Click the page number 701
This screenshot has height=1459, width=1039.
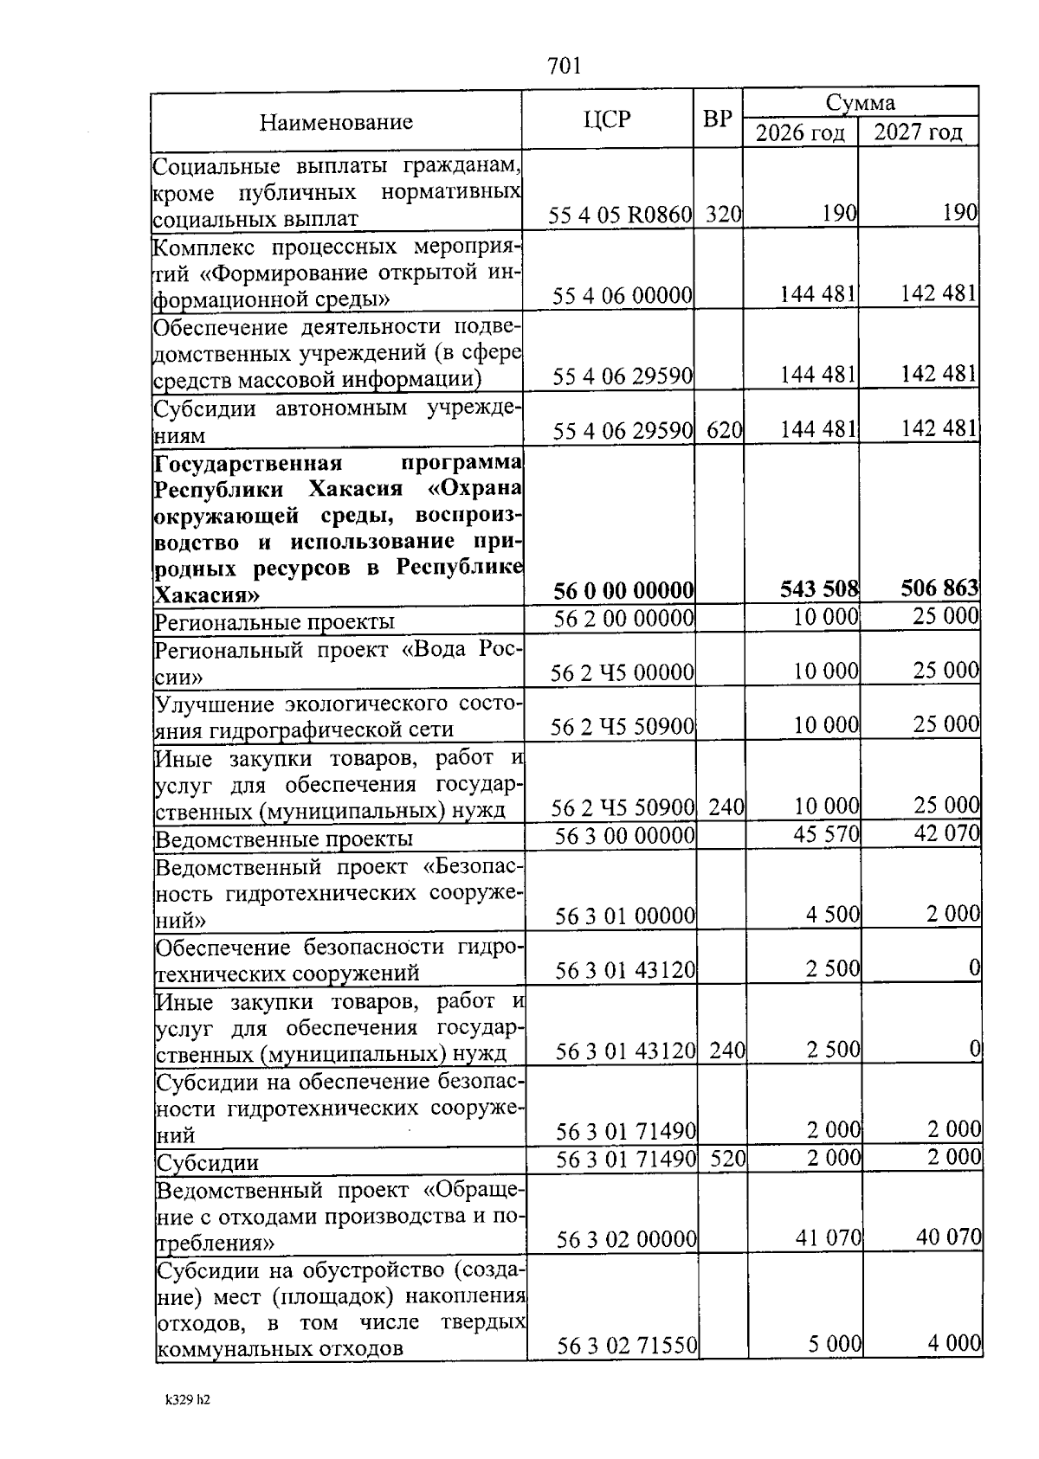(x=565, y=66)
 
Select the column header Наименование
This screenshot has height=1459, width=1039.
(x=336, y=122)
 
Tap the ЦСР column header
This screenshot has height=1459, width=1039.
(x=607, y=119)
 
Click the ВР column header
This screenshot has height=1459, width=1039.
(x=718, y=119)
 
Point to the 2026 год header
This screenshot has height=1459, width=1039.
(x=800, y=133)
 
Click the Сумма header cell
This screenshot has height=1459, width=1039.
(x=860, y=103)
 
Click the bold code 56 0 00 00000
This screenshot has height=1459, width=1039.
(x=623, y=591)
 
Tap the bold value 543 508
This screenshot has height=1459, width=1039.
(x=819, y=590)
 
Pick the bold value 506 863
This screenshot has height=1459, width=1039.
(x=939, y=589)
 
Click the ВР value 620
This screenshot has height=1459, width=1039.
(x=725, y=430)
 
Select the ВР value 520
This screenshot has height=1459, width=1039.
(x=728, y=1158)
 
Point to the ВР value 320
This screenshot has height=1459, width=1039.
(x=723, y=215)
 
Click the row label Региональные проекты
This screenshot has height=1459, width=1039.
(x=274, y=622)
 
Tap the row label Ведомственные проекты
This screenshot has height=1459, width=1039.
(x=283, y=839)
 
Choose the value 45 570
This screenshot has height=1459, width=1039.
(x=827, y=834)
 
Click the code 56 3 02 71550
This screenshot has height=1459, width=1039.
(x=627, y=1346)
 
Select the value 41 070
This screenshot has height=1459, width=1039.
(x=829, y=1238)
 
